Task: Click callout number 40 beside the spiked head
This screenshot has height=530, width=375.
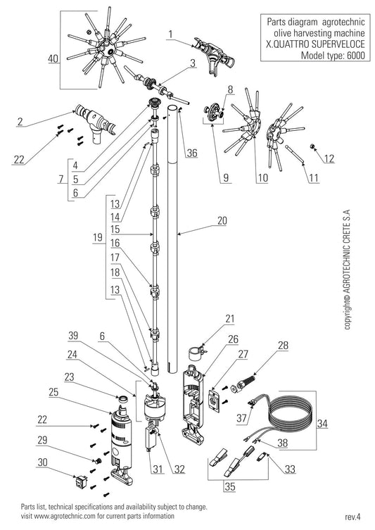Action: pos(53,58)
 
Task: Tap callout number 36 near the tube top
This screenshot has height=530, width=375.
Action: pos(192,153)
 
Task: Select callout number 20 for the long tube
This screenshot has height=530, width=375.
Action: pos(222,221)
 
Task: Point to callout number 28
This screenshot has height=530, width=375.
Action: pos(283,346)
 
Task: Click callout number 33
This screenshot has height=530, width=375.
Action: pos(290,469)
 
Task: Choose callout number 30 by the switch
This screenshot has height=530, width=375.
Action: pos(43,462)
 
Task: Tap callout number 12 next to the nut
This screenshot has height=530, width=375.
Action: pos(329,158)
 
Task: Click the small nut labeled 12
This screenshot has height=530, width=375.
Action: pos(312,146)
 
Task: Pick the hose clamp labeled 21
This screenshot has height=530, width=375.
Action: pos(197,352)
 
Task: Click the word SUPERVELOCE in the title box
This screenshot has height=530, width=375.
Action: pos(332,44)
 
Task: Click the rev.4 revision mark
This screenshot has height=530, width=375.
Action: pos(353,517)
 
